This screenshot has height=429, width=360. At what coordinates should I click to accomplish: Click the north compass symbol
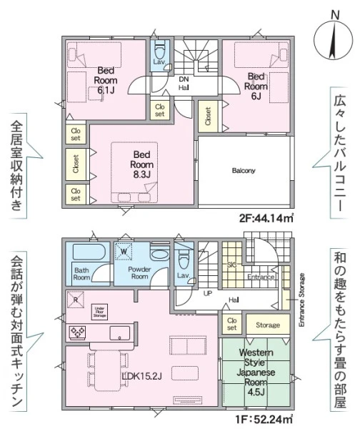coord(333,40)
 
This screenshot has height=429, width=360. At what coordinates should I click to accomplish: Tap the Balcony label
coord(244,171)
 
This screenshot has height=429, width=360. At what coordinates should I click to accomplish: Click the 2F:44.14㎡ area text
coord(266,218)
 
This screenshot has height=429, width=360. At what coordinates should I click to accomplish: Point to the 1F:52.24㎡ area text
coord(264,419)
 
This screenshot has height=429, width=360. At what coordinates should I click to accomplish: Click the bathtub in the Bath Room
coord(89,252)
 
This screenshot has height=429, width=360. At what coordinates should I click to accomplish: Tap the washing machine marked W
coord(124,251)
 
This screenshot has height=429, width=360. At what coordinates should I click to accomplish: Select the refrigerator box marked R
coord(76,300)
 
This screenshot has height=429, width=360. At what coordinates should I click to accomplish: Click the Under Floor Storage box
coord(99,312)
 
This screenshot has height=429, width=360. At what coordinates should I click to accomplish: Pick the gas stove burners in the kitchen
coord(78,332)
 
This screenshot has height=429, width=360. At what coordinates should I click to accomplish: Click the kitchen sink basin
coord(120,333)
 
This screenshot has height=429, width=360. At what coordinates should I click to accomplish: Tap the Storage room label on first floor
coord(268,325)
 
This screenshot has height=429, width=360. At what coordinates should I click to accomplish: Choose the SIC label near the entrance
coord(231,265)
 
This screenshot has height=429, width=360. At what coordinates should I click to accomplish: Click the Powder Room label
coord(139,273)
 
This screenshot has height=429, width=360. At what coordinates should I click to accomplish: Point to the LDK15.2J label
coord(142,377)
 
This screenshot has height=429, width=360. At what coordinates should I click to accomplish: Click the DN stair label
coord(184,79)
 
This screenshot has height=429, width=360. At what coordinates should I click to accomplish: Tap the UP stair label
coord(208,294)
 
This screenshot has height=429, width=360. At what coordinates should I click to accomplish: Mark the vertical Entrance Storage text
coord(301,300)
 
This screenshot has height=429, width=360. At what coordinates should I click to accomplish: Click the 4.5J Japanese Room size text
coord(256,393)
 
